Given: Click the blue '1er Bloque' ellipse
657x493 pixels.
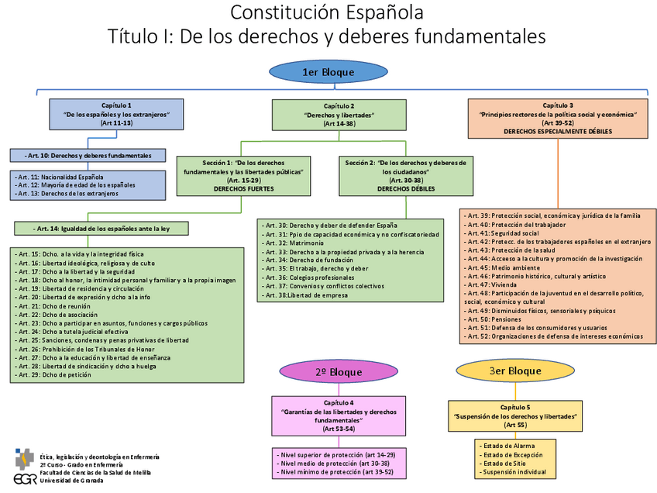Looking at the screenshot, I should [328, 72].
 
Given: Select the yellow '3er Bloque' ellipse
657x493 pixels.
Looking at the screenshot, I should [514, 371].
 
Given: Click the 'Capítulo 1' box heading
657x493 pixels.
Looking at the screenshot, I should [116, 105].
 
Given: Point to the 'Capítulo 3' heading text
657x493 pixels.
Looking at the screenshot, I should [558, 105].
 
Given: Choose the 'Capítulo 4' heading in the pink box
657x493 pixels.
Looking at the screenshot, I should [339, 402].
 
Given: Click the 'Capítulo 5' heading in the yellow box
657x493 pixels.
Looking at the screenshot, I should [514, 407].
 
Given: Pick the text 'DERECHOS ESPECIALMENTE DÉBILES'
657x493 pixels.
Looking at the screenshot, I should [558, 132].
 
